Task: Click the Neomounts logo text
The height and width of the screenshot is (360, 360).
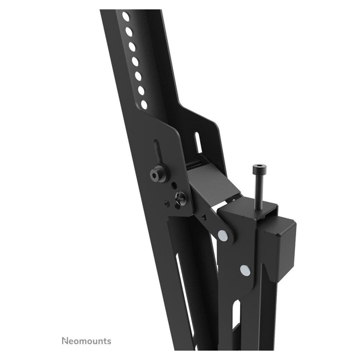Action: [x=86, y=341]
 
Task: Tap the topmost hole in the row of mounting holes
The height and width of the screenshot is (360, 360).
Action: [x=126, y=16]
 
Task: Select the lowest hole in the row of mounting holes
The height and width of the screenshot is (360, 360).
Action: [x=144, y=105]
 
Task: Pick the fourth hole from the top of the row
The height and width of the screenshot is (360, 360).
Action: [x=135, y=62]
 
